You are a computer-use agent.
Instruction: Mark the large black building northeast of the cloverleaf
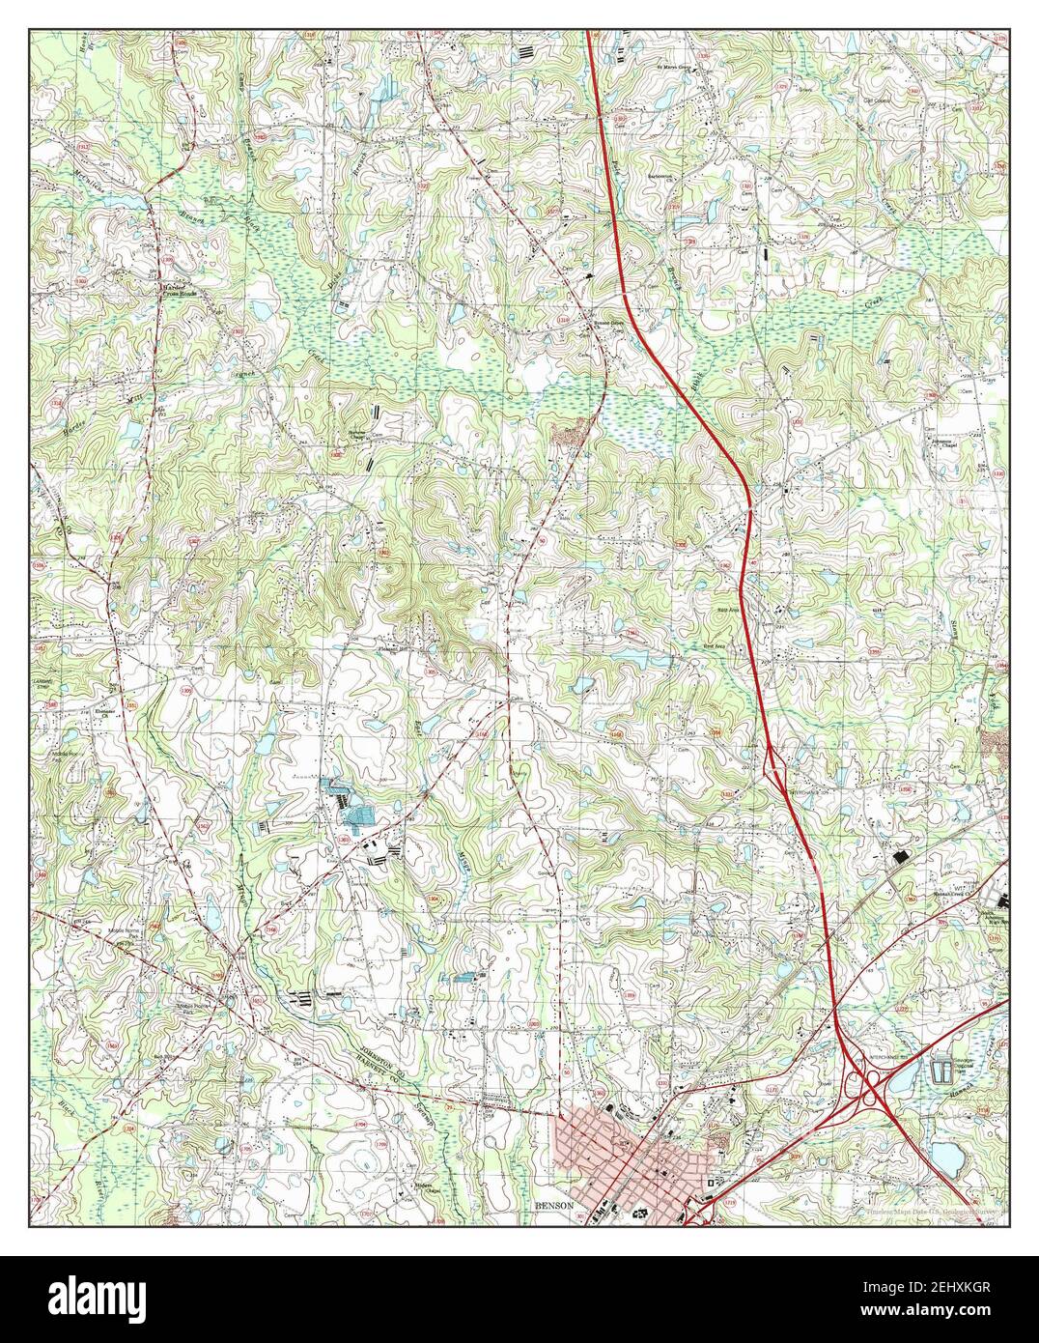coord(904,858)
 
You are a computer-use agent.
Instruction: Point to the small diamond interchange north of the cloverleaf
coord(774,765)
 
